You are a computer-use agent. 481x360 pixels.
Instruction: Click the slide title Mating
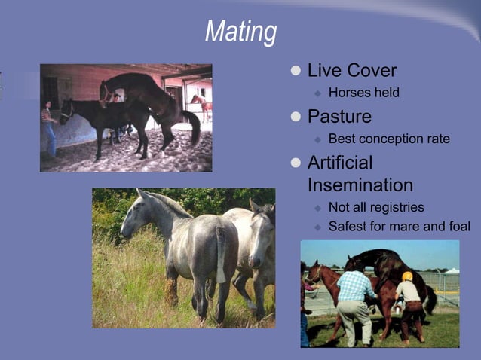pos(240,32)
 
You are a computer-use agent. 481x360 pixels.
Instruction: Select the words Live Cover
pos(351,71)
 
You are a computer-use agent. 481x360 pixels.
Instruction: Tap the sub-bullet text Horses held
pos(363,93)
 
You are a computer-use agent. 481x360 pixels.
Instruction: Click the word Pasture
pos(339,117)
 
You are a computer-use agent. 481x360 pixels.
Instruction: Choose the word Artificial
pos(340,163)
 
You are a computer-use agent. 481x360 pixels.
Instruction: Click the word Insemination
pos(360,185)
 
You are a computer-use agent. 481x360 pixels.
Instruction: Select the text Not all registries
pos(376,207)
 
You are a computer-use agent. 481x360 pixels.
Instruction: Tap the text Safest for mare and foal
pos(399,227)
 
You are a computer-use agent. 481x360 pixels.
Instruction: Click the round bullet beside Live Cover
pos(296,72)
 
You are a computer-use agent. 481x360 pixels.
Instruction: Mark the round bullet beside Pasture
pos(296,117)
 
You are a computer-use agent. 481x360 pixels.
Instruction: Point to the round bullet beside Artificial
pos(296,163)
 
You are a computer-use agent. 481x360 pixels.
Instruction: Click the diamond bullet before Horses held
pos(317,94)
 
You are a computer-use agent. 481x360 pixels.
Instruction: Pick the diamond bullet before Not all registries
pos(317,208)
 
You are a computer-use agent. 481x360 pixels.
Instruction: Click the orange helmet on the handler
pos(407,276)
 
